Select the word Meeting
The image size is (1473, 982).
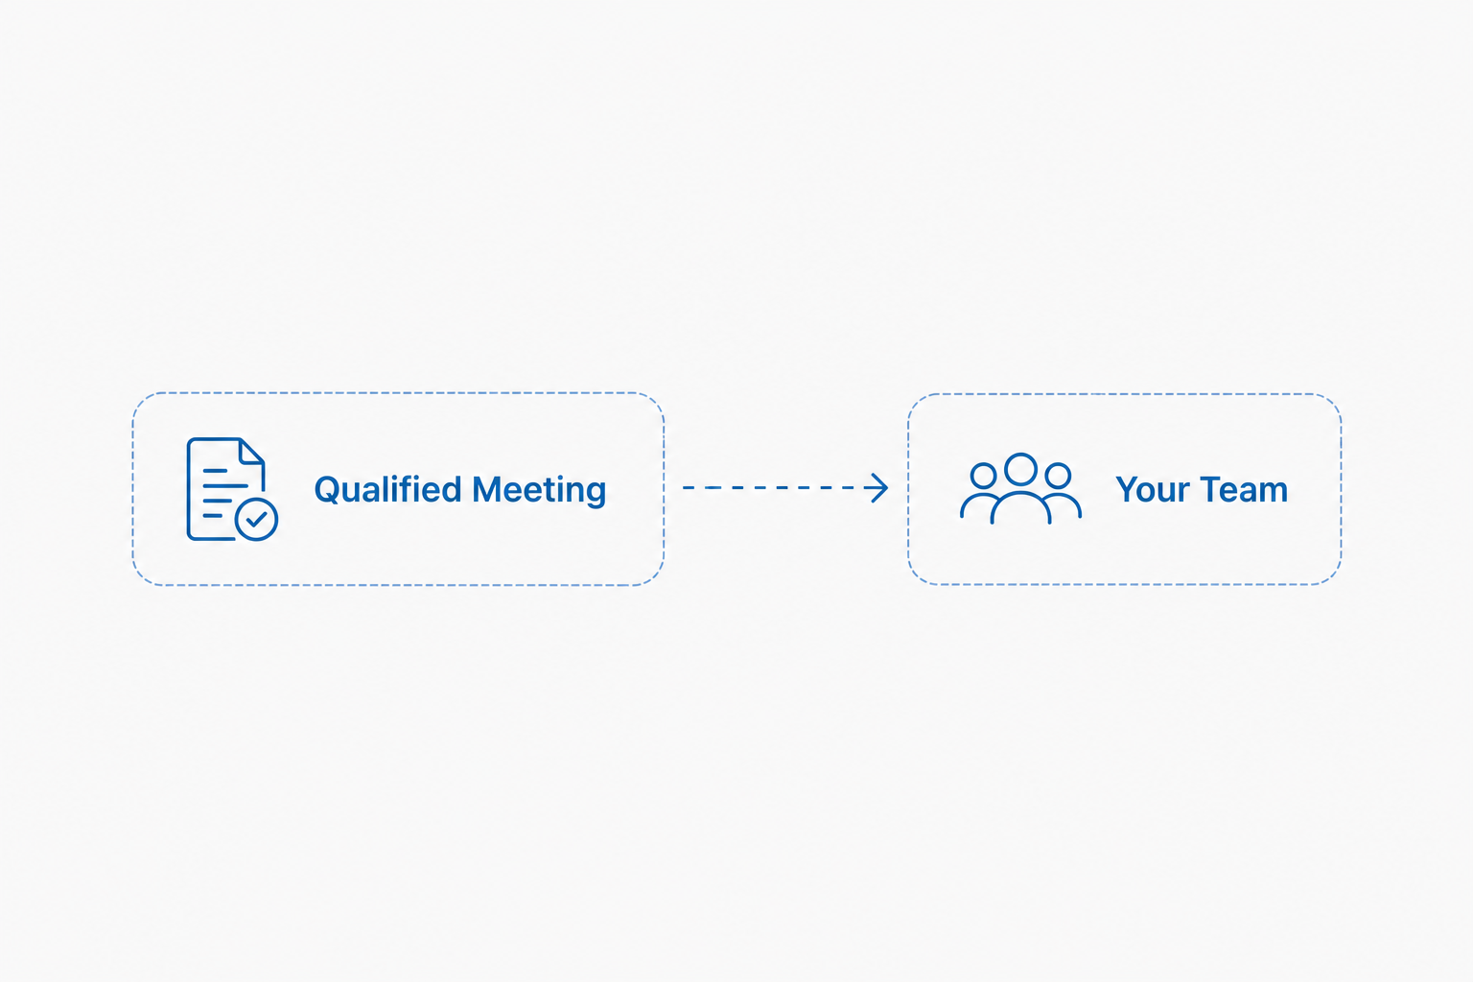[x=539, y=491]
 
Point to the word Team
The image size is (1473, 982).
[x=1243, y=490]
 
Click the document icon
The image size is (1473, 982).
[x=231, y=489]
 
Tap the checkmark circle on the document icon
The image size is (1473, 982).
[x=256, y=520]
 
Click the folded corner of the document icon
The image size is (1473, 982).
[x=252, y=452]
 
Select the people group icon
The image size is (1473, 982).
[x=1020, y=488]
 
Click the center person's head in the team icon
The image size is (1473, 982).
[x=1020, y=470]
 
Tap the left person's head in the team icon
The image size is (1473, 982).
[x=984, y=476]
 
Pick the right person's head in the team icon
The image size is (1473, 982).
[x=1058, y=476]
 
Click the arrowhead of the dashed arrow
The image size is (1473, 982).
[x=878, y=488]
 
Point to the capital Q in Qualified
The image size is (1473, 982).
[x=327, y=491]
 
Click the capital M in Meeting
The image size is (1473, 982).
[x=488, y=490]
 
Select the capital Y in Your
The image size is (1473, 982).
[x=1130, y=490]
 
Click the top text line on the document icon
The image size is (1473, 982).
[x=215, y=471]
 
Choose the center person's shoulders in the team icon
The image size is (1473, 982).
[x=1020, y=507]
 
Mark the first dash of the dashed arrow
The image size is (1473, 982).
[x=690, y=488]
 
